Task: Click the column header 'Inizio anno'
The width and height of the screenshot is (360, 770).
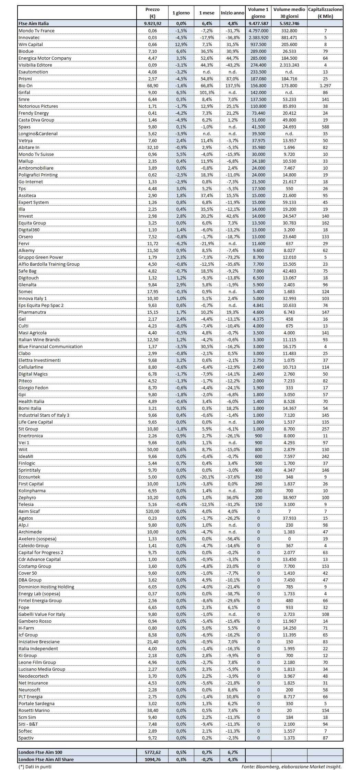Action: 232,13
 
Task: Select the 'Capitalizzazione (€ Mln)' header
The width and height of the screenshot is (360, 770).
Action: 325,13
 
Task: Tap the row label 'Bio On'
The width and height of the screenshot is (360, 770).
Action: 25,85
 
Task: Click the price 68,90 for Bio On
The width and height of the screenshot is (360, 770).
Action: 152,85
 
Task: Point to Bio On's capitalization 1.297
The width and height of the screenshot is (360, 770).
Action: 325,85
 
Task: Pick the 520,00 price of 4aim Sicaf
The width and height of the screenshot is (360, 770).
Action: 152,511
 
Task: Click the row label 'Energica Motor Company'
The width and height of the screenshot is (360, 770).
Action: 45,58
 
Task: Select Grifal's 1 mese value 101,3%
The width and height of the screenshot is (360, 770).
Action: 207,92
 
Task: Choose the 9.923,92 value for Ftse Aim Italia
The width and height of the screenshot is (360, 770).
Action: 152,24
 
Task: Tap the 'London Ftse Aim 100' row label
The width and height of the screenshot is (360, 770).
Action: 40,752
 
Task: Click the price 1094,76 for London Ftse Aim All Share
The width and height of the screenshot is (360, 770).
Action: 152,759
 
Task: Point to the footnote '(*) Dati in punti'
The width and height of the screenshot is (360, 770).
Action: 35,766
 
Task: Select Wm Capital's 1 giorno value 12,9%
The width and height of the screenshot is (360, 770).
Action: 181,44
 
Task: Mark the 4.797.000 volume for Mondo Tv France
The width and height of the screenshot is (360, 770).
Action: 258,31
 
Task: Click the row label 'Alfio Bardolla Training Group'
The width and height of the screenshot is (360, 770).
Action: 49,264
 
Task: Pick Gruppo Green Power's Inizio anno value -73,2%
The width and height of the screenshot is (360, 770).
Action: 232,257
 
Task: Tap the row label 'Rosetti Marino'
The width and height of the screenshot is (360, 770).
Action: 34,710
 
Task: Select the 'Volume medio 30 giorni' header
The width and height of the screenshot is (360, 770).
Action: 289,13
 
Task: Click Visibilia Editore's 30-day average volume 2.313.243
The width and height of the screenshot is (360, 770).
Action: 289,65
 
